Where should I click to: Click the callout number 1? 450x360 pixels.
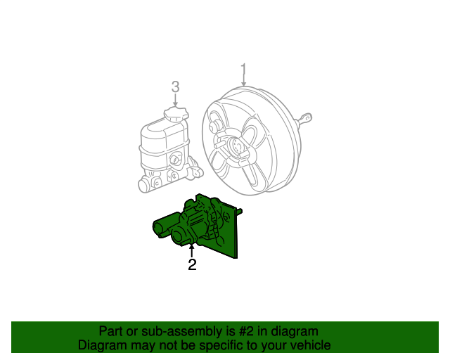pos(243,70)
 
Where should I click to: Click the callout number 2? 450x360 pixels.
pos(191,265)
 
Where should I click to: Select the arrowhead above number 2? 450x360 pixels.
pos(191,247)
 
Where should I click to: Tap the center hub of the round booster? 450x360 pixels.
pos(239,147)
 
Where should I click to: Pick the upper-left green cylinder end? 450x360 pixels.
pos(160,226)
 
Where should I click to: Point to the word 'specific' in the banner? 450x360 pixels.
pos(223,345)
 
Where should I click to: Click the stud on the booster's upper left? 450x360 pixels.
pos(214,127)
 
